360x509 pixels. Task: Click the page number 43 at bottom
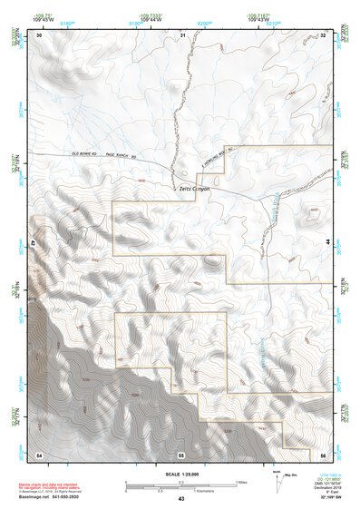coord(180,500)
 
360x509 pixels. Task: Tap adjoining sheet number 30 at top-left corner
coord(39,34)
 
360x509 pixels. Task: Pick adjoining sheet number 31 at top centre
coord(182,34)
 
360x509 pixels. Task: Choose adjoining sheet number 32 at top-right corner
coord(323,34)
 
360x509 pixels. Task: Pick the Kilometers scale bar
coord(180,488)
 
